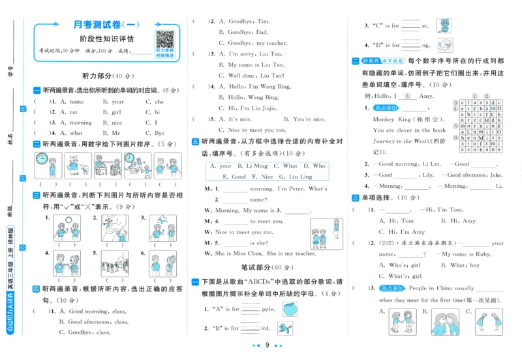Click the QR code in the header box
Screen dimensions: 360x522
click(164, 40)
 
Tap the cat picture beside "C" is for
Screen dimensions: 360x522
click(443, 25)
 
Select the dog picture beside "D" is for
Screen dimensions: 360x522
click(443, 44)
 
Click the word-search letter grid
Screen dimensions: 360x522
click(477, 126)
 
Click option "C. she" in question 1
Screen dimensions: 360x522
click(155, 102)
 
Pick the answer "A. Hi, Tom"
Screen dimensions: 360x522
click(396, 221)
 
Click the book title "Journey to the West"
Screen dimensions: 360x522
click(400, 141)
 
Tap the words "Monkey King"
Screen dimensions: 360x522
click(390, 120)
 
